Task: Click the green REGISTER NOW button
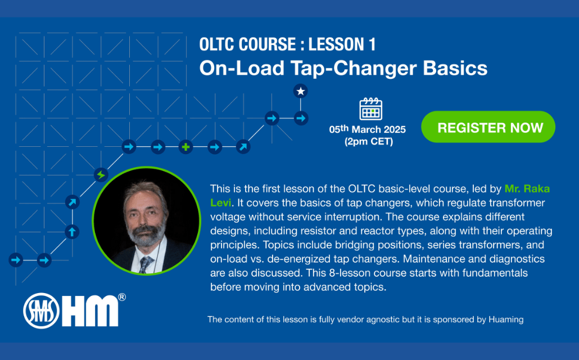point(488,127)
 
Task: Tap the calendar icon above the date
point(371,109)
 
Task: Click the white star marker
point(301,91)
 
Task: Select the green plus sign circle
point(186,147)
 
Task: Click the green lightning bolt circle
point(101,174)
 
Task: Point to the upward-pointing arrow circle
point(72,232)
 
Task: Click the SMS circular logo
point(42,311)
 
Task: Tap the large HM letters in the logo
point(90,311)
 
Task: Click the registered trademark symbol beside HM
point(122,297)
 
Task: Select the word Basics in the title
point(455,68)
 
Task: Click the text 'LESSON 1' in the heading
point(342,44)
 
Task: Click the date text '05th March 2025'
point(368,129)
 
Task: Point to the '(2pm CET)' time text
point(369,141)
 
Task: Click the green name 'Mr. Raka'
point(527,188)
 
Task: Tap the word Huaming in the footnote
point(506,319)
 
